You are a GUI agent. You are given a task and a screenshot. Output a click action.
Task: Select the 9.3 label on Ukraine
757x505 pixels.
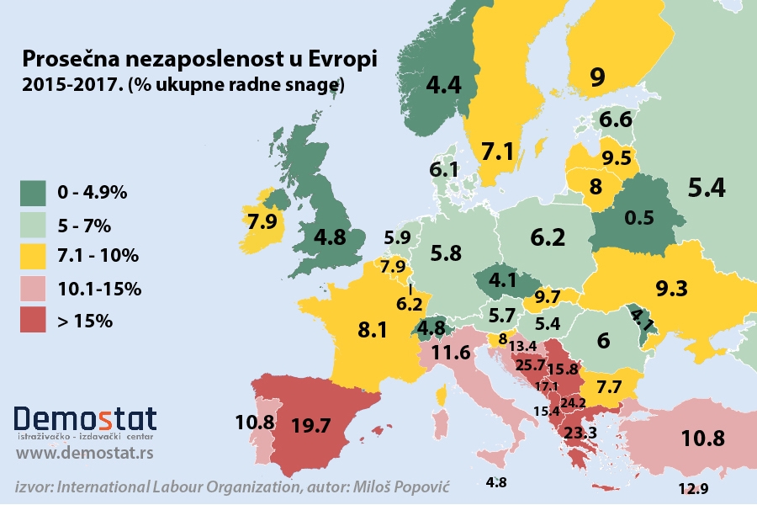coord(671,289)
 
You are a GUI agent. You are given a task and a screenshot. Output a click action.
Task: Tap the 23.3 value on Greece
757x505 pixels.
coord(580,432)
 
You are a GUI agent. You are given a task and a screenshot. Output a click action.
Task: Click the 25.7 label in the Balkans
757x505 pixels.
coord(531,365)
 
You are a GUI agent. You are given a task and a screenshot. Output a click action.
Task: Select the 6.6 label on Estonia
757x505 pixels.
coord(616,121)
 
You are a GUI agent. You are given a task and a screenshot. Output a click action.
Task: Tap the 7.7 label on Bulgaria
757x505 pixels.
coord(608,388)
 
